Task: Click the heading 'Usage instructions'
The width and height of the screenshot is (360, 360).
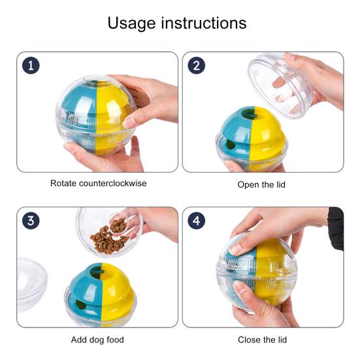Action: (x=177, y=24)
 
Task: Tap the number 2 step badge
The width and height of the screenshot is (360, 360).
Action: (x=196, y=65)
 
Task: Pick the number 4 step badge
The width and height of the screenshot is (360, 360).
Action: (x=196, y=221)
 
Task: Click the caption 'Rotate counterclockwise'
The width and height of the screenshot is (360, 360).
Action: (x=99, y=184)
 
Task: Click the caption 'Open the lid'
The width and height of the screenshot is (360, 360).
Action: (x=261, y=184)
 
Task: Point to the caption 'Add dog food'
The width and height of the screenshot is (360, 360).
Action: (x=97, y=340)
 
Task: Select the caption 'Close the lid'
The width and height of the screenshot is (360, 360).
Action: (x=262, y=340)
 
